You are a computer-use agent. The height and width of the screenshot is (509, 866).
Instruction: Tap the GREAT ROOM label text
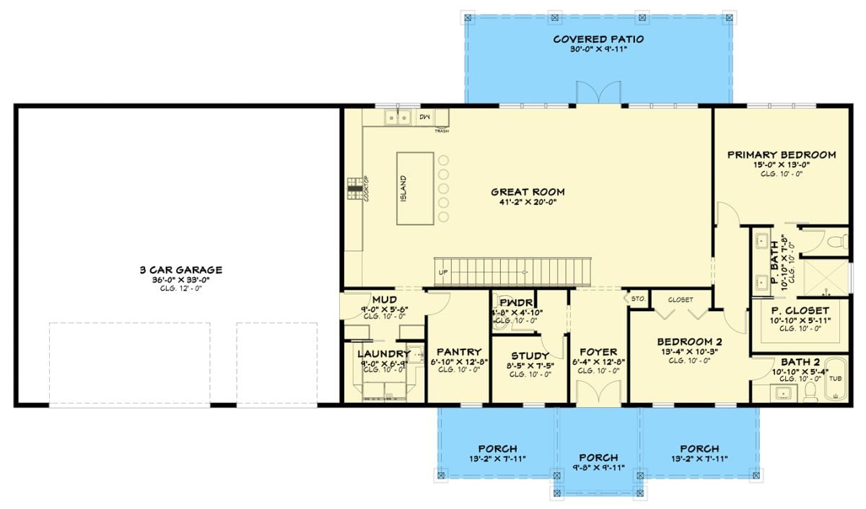pos(528,192)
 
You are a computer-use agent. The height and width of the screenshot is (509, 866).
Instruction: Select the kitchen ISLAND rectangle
pos(414,188)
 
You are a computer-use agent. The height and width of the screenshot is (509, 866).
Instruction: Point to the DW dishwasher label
pos(424,116)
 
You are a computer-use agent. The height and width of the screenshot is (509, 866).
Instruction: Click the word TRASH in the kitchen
pos(442,131)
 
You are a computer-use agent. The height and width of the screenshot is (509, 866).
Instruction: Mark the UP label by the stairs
pos(443,273)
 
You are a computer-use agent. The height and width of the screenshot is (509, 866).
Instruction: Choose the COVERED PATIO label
pos(598,39)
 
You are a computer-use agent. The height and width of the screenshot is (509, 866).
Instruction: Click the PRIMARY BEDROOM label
pos(781,155)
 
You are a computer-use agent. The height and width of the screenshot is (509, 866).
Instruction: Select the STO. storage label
pos(638,297)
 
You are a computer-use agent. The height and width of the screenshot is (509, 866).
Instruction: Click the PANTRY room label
pos(459,352)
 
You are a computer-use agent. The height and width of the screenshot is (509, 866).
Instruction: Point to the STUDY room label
pos(530,356)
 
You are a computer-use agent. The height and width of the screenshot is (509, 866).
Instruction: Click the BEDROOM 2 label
pos(689,341)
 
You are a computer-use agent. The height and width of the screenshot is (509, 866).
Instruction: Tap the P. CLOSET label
pos(800,310)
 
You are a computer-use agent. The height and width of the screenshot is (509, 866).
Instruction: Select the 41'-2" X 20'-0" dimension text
pos(528,204)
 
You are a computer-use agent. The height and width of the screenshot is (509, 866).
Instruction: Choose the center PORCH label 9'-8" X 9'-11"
pos(598,458)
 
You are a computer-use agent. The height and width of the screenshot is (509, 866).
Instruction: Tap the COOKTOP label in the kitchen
pos(367,189)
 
